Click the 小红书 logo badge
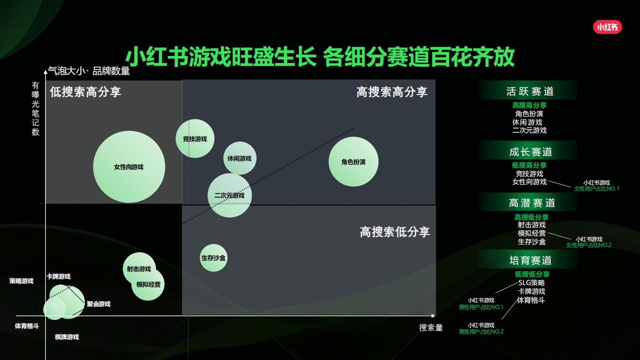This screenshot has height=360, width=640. click(607, 27)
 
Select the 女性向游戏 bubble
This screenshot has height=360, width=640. click(129, 167)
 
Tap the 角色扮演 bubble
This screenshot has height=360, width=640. click(353, 162)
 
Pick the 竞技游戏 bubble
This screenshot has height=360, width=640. click(195, 138)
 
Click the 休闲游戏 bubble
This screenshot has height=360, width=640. click(239, 158)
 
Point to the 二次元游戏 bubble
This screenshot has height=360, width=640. click(229, 195)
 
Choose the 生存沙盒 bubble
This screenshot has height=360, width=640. click(213, 258)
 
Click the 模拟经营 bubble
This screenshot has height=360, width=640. click(148, 284)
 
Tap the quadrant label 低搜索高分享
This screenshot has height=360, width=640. click(85, 92)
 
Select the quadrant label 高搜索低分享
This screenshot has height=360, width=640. click(395, 232)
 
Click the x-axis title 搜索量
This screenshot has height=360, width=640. click(431, 328)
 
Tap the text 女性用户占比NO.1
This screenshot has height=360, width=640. click(596, 189)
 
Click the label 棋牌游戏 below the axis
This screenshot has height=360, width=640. click(67, 337)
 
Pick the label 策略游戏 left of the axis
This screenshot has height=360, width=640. click(21, 281)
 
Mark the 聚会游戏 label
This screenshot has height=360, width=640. click(98, 304)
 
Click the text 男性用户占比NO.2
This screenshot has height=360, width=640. click(481, 332)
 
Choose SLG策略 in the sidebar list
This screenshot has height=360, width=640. click(531, 282)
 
